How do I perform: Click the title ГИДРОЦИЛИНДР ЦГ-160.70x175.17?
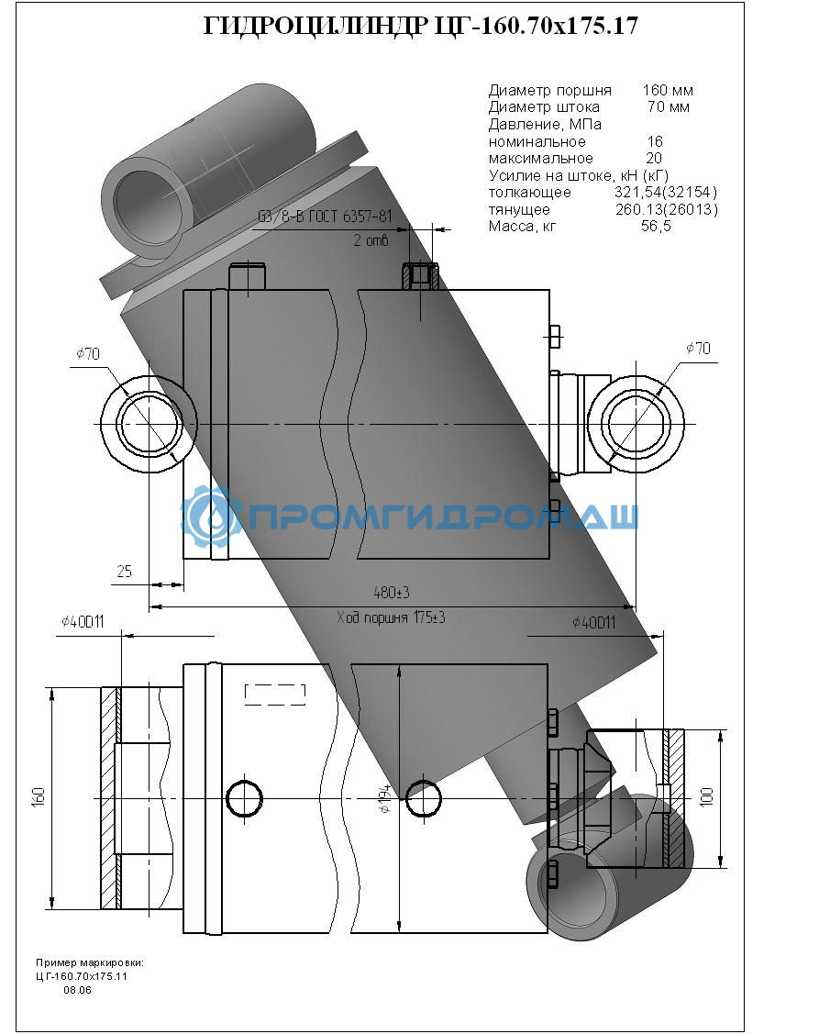click(421, 26)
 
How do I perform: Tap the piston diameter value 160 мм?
click(668, 90)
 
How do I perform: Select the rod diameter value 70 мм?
click(668, 106)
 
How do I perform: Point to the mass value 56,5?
click(656, 227)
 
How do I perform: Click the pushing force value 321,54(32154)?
click(665, 192)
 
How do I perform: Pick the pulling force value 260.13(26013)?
click(667, 209)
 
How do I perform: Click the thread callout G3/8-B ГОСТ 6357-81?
click(325, 217)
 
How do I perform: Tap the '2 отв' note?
click(371, 240)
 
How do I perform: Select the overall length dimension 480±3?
click(392, 592)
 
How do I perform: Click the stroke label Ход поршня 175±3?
click(391, 617)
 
